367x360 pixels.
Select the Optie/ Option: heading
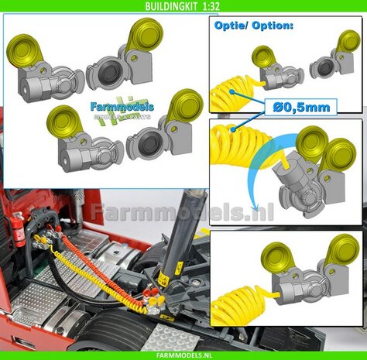coord(250,25)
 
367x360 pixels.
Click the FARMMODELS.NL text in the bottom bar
coord(183,354)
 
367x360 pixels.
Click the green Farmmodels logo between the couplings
coord(121,111)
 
